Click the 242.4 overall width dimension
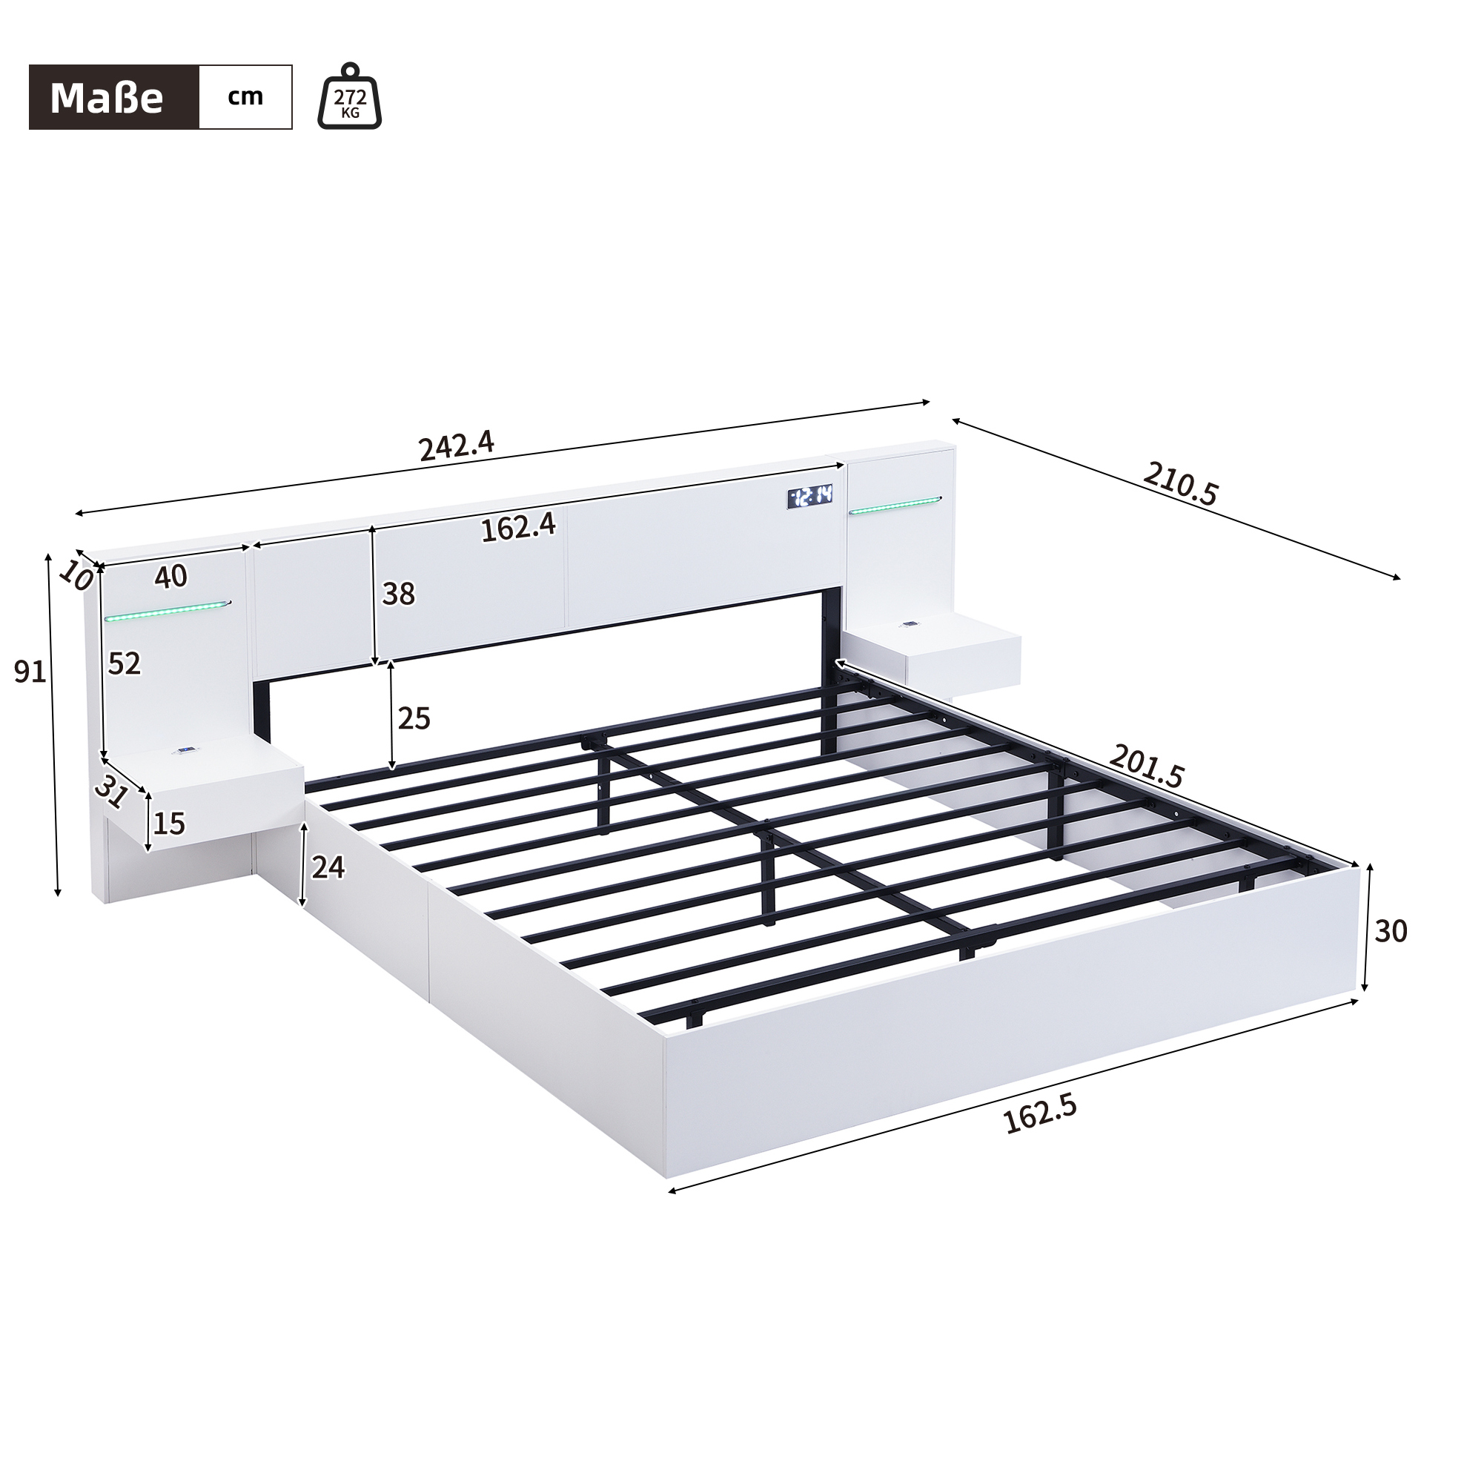(457, 446)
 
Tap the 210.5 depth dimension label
(1179, 484)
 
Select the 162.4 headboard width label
(518, 526)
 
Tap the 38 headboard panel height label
(399, 594)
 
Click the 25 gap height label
(414, 718)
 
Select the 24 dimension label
(328, 867)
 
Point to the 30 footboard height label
(1391, 930)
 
